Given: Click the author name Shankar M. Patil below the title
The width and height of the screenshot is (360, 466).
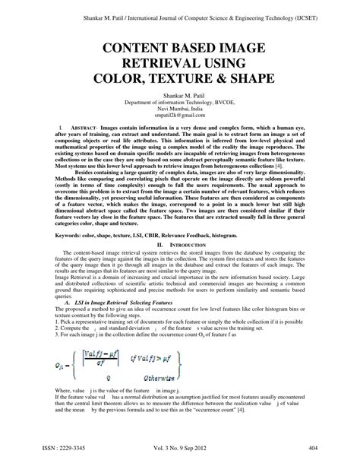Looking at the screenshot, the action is (180, 96).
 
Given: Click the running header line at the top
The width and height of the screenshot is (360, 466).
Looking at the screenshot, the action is (180, 9).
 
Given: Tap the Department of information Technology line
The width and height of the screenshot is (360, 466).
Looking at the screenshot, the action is (180, 103).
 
